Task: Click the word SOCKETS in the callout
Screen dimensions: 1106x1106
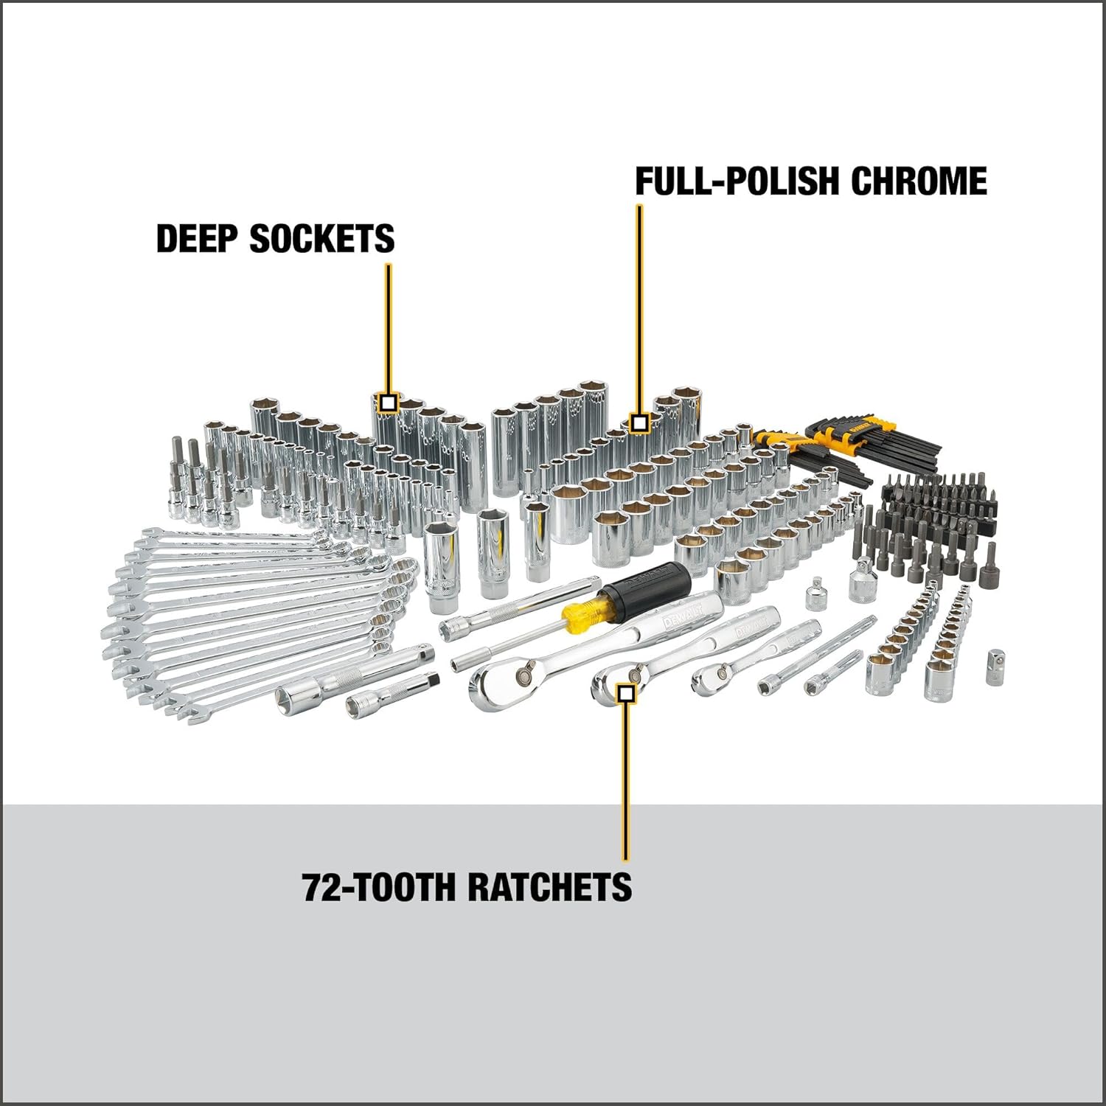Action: click(x=322, y=238)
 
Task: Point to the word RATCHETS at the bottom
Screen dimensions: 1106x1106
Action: click(x=550, y=886)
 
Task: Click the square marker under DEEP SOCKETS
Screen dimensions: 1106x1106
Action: click(x=389, y=403)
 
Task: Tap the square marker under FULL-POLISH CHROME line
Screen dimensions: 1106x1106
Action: click(x=639, y=423)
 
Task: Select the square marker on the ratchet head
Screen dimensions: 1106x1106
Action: click(x=626, y=692)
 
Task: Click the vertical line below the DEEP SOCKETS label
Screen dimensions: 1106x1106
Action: click(x=389, y=324)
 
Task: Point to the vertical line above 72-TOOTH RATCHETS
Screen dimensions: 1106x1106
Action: click(x=625, y=782)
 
